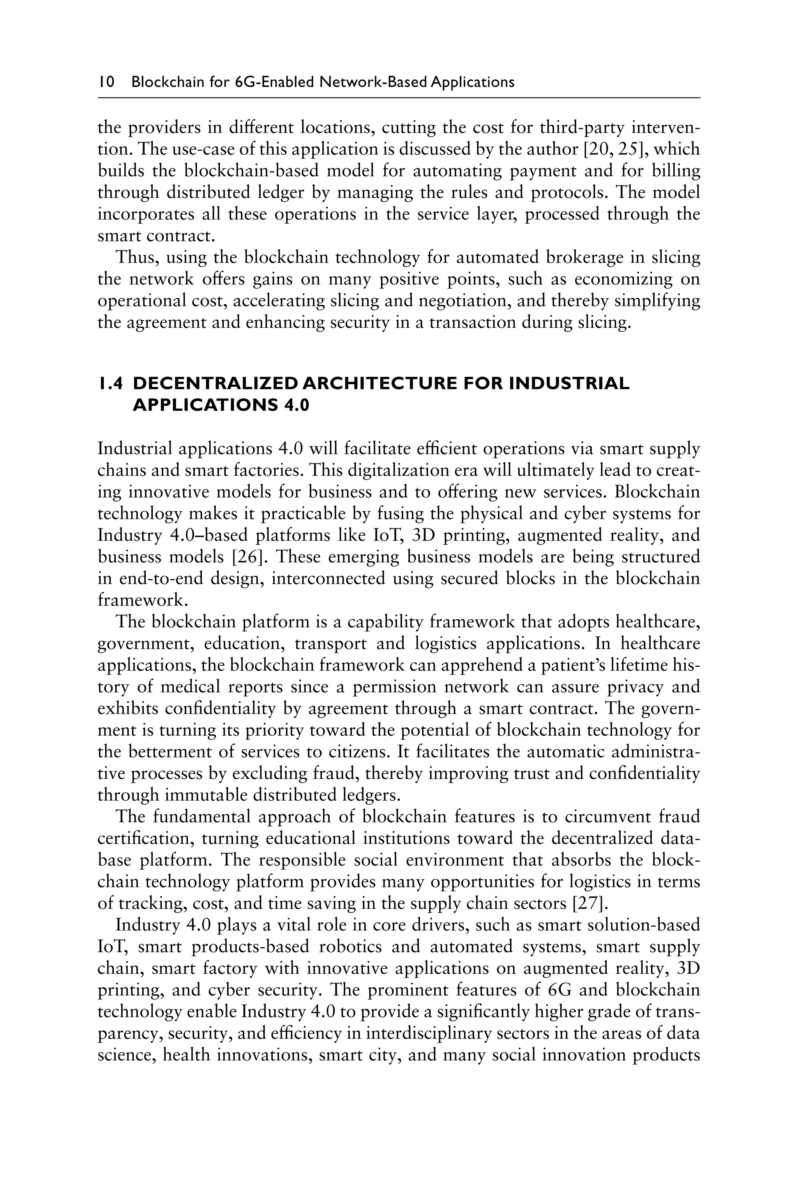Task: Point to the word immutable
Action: (x=214, y=795)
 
